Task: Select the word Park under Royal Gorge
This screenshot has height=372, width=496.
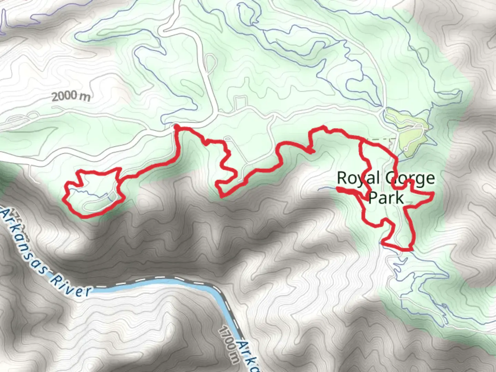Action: tap(386, 198)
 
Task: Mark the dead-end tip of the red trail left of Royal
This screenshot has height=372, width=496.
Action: tap(338, 188)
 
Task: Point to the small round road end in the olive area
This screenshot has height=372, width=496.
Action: tap(405, 149)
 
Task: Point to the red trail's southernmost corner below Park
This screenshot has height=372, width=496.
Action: tap(410, 249)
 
